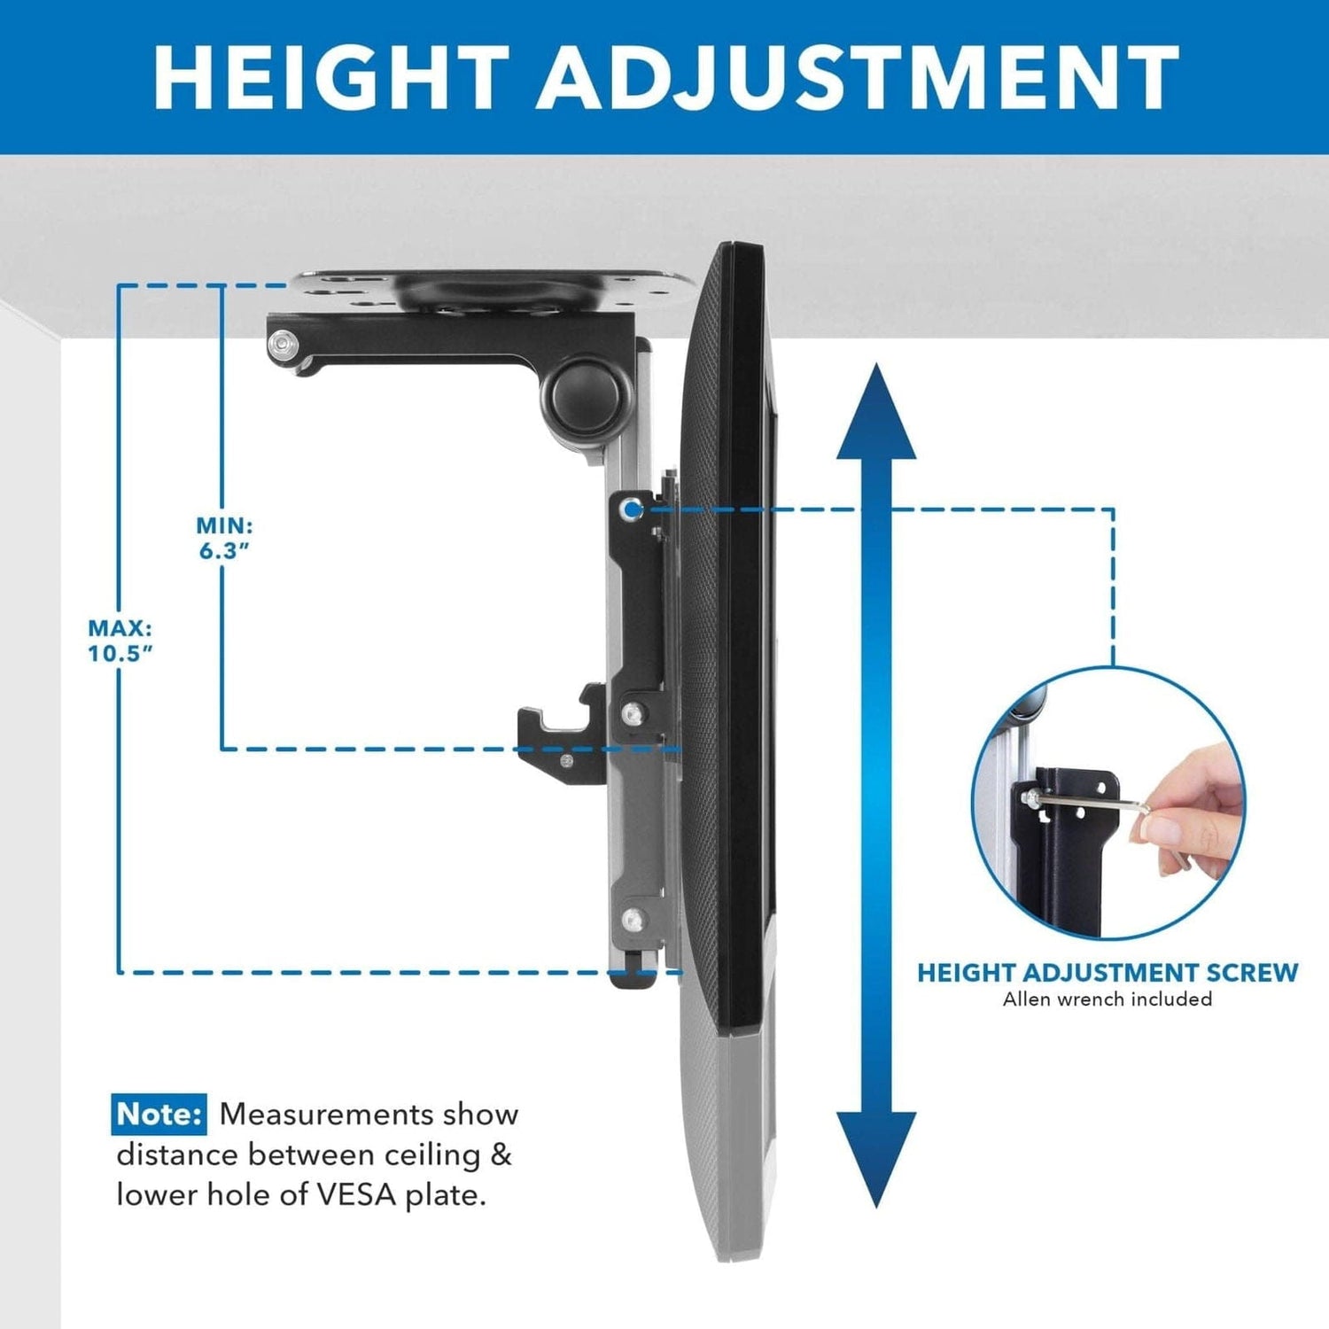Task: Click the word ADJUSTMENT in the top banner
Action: [857, 77]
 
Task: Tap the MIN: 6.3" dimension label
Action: [224, 539]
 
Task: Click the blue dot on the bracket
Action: [631, 509]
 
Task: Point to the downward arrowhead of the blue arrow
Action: [875, 1156]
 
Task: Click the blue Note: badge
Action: [159, 1114]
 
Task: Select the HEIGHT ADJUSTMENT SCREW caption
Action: [1107, 973]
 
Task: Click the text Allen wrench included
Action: [1107, 999]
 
